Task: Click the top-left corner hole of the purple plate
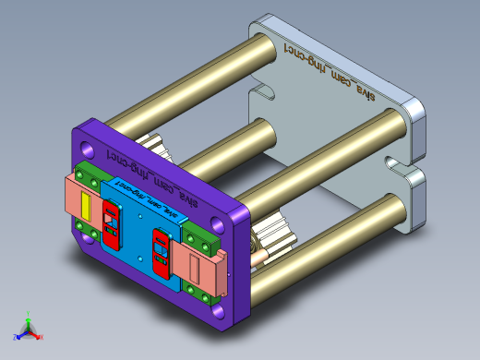pos(87,148)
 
